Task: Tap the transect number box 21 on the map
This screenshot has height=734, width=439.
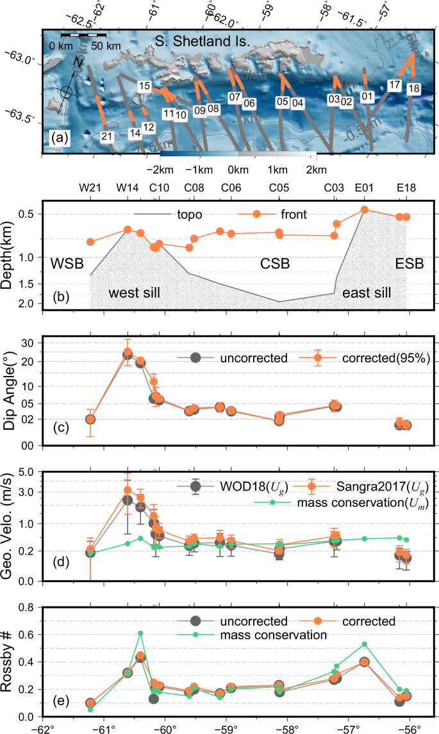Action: point(106,136)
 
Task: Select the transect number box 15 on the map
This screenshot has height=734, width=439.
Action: point(145,86)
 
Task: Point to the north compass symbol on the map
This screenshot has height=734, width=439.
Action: point(66,92)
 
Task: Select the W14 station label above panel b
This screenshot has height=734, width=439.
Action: point(127,188)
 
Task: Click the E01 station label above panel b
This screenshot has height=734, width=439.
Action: point(364,188)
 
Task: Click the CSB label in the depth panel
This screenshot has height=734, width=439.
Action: point(274,263)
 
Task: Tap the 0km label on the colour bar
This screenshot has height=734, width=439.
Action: point(238,170)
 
